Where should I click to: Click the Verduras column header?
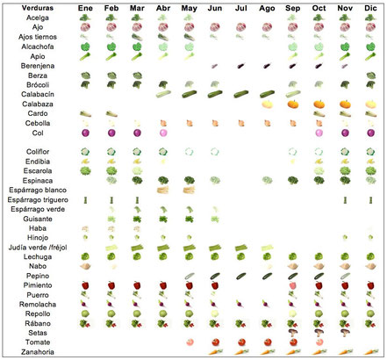coord(38,8)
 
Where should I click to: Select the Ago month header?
coord(267,8)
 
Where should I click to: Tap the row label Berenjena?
coord(38,66)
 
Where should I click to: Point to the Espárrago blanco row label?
coord(38,191)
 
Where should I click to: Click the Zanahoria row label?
coord(38,352)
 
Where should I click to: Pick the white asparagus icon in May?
coord(189,190)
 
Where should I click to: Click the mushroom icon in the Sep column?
coord(293,333)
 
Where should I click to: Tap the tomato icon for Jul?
coord(241,342)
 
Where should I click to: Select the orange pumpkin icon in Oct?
coord(319,104)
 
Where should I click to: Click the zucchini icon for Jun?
coord(215,94)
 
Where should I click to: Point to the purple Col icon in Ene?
coord(85,133)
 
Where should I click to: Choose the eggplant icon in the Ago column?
coord(267,66)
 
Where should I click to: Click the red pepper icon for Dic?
coord(370,285)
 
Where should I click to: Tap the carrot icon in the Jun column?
coord(215,352)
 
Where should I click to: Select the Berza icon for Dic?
coord(371,76)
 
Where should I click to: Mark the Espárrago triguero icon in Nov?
coord(345,200)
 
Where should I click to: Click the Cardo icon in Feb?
coord(111,113)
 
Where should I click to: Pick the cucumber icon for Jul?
coord(241,276)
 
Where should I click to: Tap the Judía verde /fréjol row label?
coord(38,248)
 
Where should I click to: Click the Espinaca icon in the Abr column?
coord(163,180)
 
